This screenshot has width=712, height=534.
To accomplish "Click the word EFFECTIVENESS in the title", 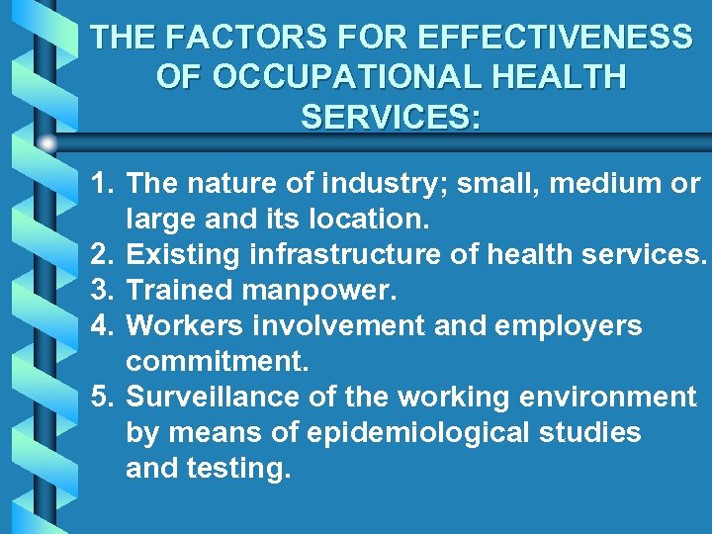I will coord(556,39).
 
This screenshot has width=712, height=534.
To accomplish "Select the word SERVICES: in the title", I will coord(391,117).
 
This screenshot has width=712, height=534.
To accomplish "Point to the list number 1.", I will coord(101,184).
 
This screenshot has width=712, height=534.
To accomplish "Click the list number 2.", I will coord(101,255).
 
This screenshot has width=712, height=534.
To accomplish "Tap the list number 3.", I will coord(101,291).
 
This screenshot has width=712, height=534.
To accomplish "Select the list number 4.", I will coord(101,326).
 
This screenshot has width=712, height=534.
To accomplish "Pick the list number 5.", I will coord(101,398).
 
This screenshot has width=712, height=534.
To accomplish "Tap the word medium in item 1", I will coord(587,184).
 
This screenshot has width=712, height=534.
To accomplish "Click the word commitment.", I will coord(218,362).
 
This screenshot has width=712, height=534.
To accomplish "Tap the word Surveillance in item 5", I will coord(210,398).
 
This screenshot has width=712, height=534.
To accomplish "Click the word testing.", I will coord(238,469).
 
